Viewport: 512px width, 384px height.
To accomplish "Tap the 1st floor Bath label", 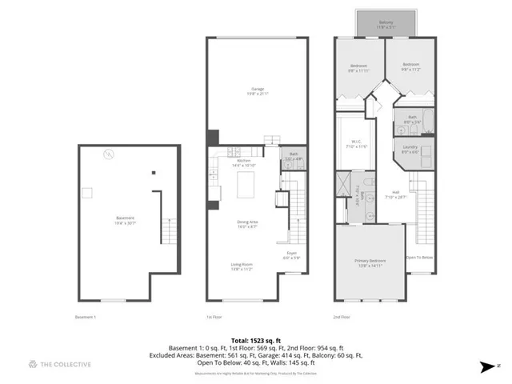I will [x=294, y=157].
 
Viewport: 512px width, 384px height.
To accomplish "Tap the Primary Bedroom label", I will [x=370, y=262].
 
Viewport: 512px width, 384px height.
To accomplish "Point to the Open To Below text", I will [x=419, y=258].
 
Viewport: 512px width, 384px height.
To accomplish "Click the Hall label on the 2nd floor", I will [x=396, y=193].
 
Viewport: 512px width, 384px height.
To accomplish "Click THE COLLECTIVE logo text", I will [x=63, y=364].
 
